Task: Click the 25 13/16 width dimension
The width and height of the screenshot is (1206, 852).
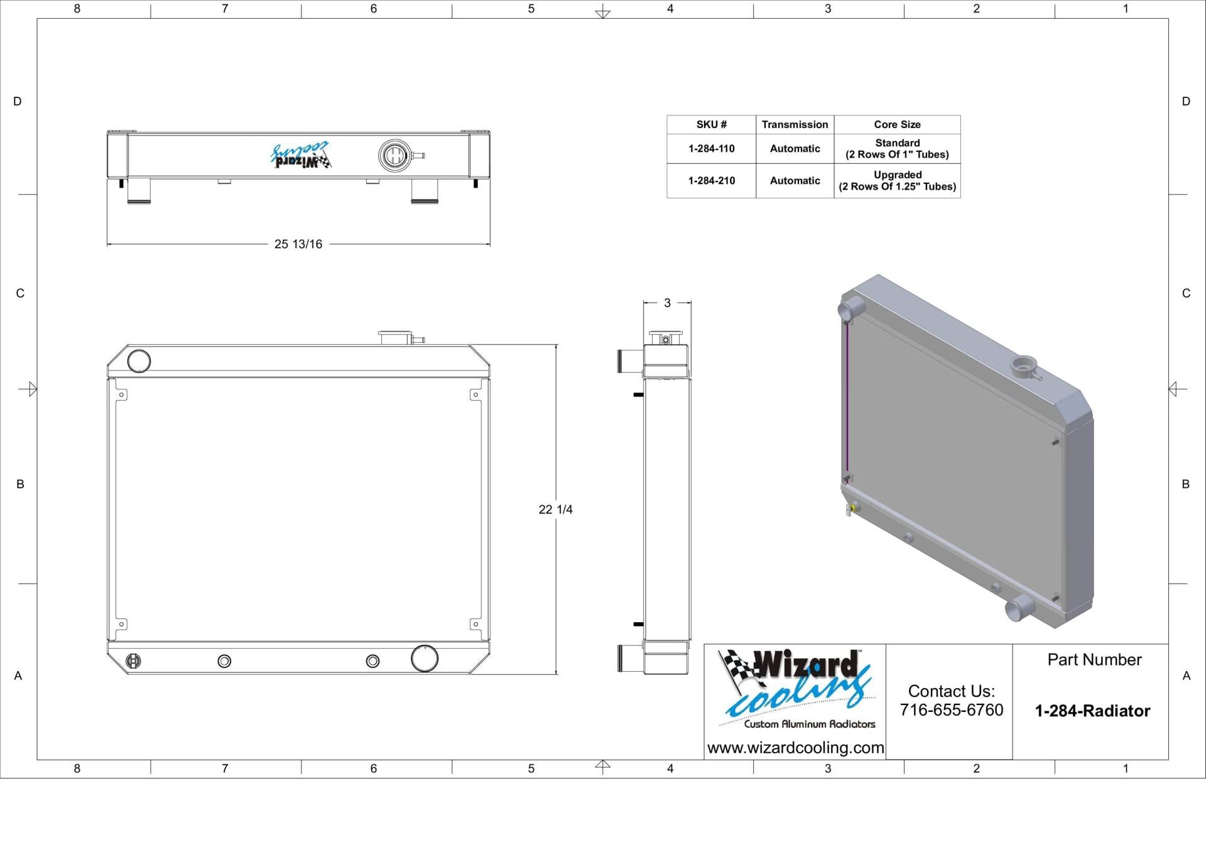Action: coord(298,244)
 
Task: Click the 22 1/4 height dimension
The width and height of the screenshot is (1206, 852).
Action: coord(555,509)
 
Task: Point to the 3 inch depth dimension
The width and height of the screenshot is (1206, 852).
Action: coord(667,303)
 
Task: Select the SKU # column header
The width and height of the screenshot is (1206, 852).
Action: coord(711,124)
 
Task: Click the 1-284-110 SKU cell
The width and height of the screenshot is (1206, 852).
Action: coord(711,149)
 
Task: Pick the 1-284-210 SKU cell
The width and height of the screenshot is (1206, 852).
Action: coord(711,181)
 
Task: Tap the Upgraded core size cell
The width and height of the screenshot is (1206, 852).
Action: coord(897,181)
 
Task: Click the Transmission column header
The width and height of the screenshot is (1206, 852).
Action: coord(795,124)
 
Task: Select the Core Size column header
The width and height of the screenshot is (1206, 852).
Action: coord(897,124)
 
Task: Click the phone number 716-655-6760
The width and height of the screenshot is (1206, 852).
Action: coord(951,710)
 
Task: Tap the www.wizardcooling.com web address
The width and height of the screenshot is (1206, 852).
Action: coord(795,748)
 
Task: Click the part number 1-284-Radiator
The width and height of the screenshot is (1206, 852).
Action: coord(1092,711)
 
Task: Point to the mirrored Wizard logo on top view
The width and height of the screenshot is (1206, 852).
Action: coord(301,155)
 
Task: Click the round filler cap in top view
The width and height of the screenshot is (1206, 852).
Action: coord(394,155)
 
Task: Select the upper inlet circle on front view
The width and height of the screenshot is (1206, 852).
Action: coord(139,361)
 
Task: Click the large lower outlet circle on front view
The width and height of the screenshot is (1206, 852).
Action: coord(425,658)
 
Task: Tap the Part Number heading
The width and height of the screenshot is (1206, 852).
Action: coord(1094,660)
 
